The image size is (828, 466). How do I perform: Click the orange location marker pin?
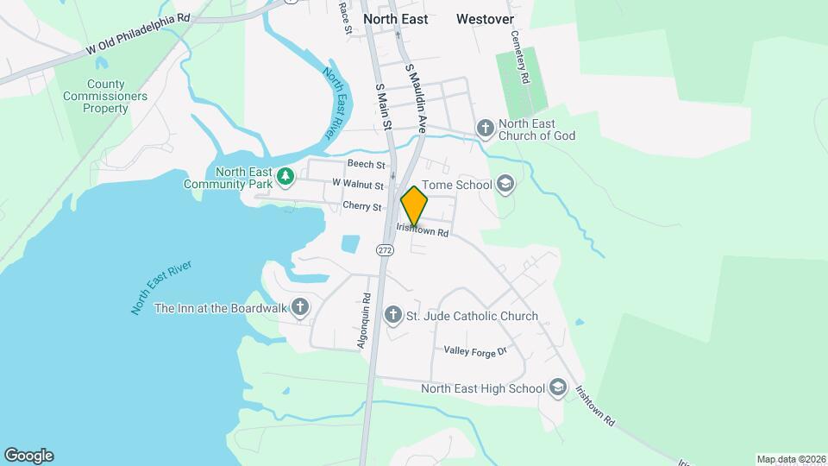click(414, 206)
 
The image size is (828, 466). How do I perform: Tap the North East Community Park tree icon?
click(285, 178)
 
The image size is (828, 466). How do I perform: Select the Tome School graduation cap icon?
click(505, 184)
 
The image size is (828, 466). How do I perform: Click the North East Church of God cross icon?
click(486, 129)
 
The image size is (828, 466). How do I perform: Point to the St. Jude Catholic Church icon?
click(392, 316)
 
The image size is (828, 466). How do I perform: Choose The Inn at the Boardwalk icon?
click(300, 307)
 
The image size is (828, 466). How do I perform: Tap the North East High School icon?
click(558, 388)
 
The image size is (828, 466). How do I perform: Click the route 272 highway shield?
click(384, 249)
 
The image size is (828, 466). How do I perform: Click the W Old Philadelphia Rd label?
click(138, 35)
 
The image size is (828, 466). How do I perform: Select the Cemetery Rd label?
click(519, 57)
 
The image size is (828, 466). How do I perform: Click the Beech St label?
click(366, 163)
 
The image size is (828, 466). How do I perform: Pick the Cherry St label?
click(361, 207)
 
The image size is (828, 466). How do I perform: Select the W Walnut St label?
click(357, 184)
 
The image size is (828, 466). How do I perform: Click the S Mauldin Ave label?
click(417, 96)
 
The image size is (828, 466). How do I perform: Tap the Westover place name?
click(485, 18)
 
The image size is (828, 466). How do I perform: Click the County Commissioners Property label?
click(105, 96)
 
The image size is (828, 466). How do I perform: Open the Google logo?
click(28, 456)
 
